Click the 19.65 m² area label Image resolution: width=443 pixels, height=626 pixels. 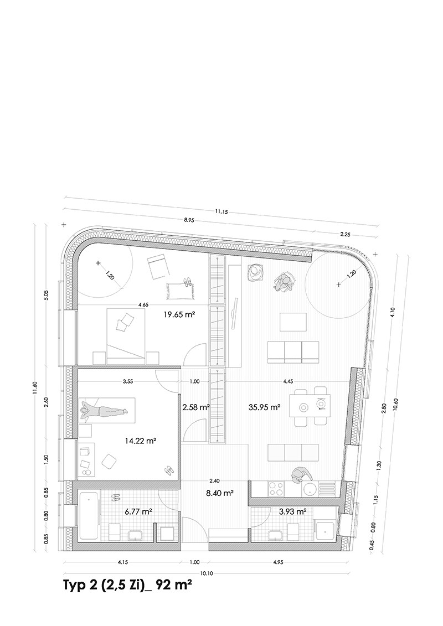tap(179, 314)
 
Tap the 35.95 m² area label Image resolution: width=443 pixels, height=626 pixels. tap(264, 407)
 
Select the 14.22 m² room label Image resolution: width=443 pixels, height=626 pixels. tap(140, 441)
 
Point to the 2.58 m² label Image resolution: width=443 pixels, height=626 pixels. tap(196, 407)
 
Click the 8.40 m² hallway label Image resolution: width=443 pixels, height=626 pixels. tap(220, 493)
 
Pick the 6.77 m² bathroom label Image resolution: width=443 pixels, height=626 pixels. tap(138, 511)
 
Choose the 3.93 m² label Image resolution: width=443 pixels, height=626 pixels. tap(293, 511)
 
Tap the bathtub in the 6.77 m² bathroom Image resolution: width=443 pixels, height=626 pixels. tap(89, 516)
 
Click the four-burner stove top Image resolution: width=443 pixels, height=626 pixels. tap(276, 489)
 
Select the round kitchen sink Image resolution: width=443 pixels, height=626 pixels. tap(310, 489)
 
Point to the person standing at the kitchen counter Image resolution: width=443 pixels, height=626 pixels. tap(300, 475)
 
